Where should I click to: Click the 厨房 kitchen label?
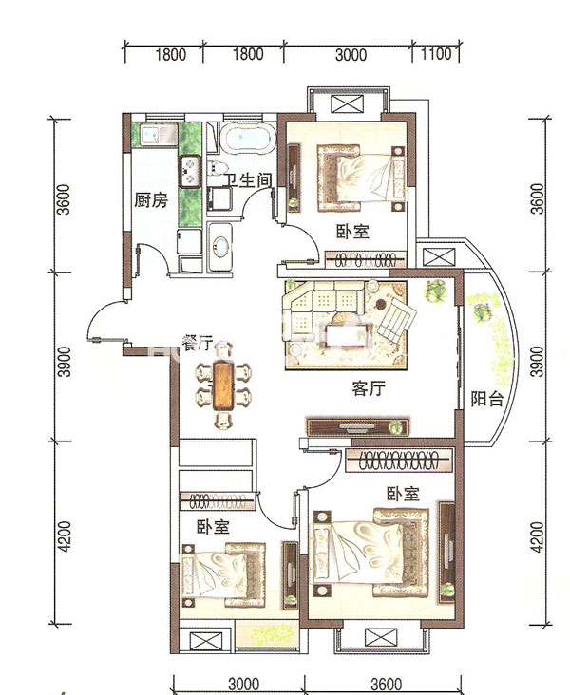[151, 200]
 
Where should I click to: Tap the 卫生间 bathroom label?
[248, 180]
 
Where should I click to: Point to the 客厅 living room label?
[369, 388]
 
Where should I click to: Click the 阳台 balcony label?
[487, 399]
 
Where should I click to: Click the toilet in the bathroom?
[217, 170]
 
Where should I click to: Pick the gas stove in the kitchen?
[190, 172]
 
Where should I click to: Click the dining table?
[223, 385]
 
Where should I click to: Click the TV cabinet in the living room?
[358, 427]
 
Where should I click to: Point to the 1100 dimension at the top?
[436, 54]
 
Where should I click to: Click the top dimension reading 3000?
[351, 55]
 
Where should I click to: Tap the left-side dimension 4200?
[65, 535]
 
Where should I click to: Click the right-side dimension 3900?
[537, 361]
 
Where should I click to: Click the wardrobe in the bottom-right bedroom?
[399, 460]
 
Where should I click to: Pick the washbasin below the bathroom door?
[220, 247]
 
